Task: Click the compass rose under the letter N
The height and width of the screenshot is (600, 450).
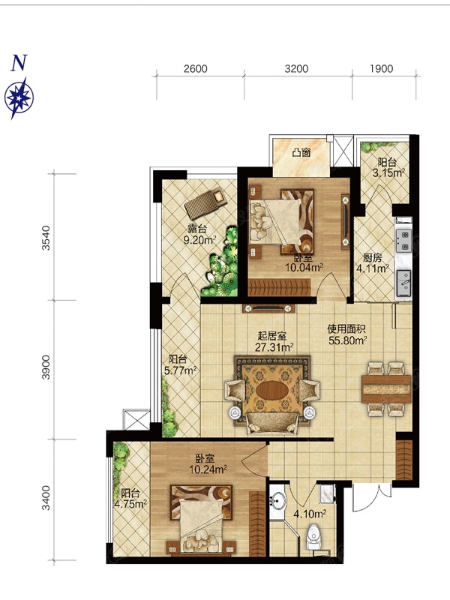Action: tap(19, 98)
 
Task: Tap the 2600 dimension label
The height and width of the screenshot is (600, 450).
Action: tap(195, 69)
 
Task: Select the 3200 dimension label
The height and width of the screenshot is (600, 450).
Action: tap(296, 69)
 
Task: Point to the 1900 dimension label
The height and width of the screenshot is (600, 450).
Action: tap(382, 69)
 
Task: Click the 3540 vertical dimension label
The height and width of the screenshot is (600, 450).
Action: tap(46, 238)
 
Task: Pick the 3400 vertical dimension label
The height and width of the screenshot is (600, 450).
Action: tap(46, 498)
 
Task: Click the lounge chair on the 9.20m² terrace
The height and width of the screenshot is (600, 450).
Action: tap(205, 204)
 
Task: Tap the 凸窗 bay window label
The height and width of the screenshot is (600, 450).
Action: tap(301, 153)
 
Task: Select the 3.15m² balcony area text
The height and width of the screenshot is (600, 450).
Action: tap(388, 173)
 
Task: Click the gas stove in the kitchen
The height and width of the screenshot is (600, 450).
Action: tap(403, 240)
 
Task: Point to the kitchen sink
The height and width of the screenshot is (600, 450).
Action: tap(403, 283)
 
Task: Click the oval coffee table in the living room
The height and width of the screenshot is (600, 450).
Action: tap(272, 390)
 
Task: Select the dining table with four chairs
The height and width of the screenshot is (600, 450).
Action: tap(386, 389)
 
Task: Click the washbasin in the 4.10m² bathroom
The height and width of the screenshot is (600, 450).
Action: tap(277, 500)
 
